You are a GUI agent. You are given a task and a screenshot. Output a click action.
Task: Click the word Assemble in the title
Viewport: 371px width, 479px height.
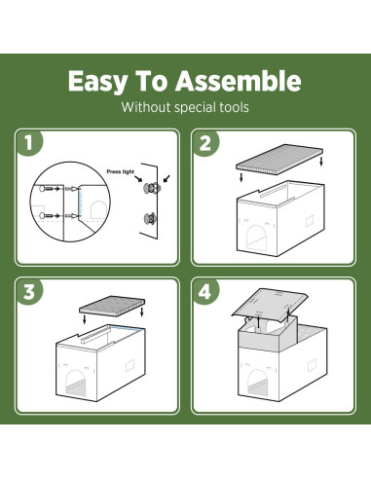click(x=239, y=81)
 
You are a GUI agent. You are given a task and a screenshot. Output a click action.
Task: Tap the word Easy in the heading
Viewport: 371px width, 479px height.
click(x=98, y=82)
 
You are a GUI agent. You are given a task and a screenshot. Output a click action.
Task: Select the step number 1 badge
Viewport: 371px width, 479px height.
click(x=29, y=143)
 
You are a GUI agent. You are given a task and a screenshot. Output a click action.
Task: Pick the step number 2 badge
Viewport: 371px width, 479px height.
click(x=205, y=143)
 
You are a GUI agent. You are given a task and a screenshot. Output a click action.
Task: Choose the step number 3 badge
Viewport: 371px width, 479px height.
click(x=29, y=291)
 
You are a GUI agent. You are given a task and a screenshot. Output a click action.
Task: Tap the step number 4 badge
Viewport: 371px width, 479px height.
click(x=205, y=291)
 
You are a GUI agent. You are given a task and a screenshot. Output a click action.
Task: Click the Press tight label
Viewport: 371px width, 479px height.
click(x=120, y=171)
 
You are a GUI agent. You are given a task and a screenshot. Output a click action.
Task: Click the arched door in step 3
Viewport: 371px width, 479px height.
click(x=76, y=383)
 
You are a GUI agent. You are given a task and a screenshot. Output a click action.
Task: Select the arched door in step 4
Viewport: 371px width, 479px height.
click(x=258, y=382)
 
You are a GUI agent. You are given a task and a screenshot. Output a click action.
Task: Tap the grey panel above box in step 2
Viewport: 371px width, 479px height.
click(x=280, y=157)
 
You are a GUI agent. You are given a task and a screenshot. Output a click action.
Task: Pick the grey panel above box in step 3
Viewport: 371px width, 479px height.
click(x=112, y=305)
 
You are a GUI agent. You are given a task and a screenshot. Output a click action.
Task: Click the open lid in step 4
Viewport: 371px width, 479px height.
click(x=270, y=304)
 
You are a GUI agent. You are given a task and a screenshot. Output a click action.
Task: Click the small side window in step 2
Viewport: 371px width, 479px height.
click(x=310, y=221)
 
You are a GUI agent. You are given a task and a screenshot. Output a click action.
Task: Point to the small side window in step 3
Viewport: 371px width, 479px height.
click(x=130, y=365)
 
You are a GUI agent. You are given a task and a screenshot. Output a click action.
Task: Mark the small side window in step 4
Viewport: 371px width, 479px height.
click(x=312, y=365)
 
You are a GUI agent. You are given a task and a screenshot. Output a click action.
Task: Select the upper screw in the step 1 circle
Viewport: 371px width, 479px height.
click(x=47, y=189)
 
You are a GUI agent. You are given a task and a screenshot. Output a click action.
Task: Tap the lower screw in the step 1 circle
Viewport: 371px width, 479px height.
click(x=47, y=215)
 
